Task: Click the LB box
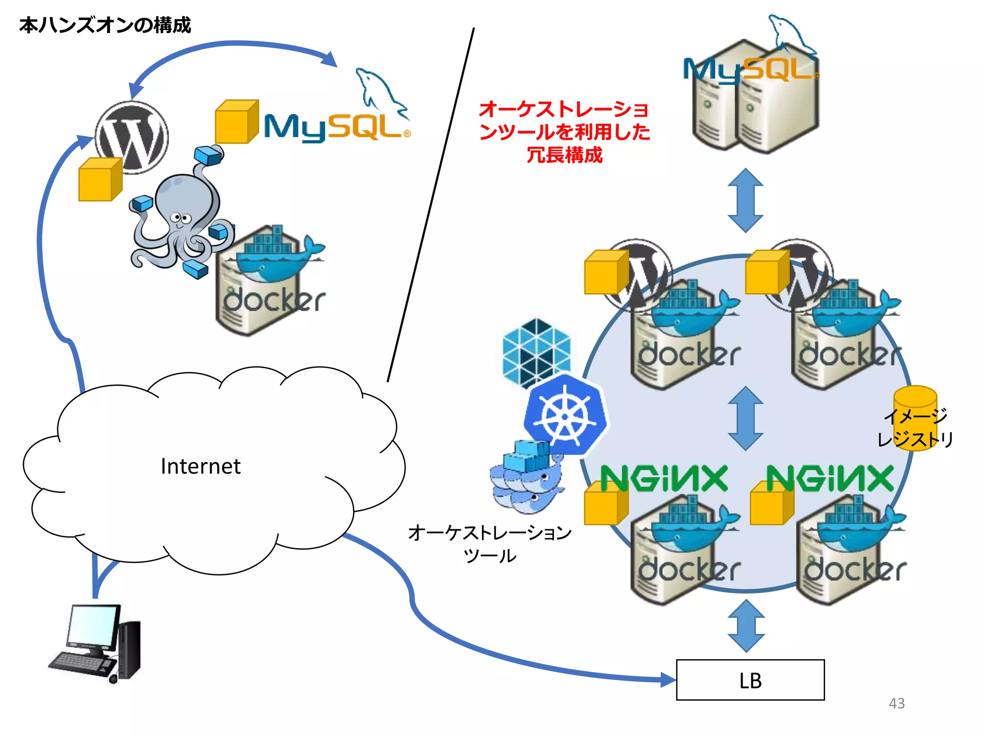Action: [750, 679]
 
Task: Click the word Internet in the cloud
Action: [200, 466]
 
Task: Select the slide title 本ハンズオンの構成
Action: [105, 25]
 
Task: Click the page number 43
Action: [896, 703]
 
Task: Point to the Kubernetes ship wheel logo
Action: [565, 416]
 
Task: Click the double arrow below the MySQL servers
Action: [745, 200]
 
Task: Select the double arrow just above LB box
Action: [746, 626]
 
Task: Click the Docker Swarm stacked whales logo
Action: [526, 480]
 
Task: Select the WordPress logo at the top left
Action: [132, 137]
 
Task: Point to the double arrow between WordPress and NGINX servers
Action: [745, 418]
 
